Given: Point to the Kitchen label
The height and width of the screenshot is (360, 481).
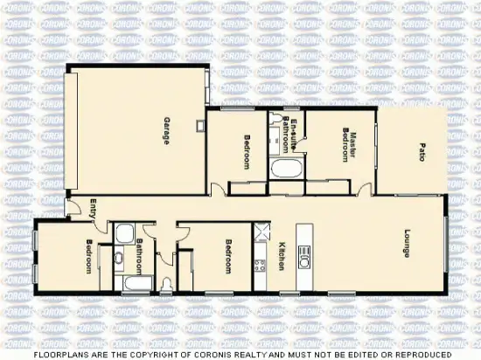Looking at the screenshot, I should click(281, 255).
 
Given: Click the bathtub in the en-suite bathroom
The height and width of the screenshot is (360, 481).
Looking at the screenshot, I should click(285, 169).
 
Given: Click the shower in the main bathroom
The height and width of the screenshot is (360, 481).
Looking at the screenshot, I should click(124, 233).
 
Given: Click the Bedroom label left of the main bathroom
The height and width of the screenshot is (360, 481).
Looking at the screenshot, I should click(88, 257).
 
